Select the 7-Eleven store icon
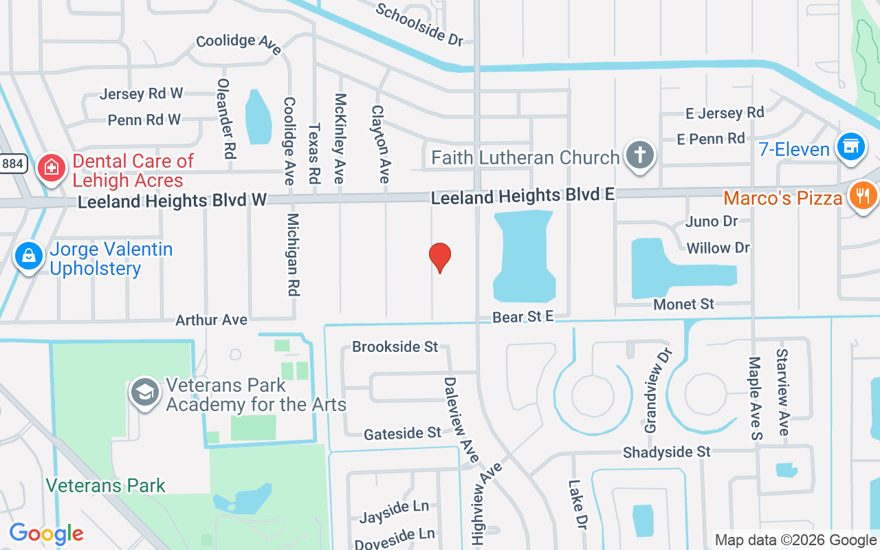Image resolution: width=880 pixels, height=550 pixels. click(850, 147)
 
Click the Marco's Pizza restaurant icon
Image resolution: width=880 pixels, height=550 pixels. click(862, 196)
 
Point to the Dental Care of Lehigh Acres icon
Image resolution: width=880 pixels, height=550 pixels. click(50, 167)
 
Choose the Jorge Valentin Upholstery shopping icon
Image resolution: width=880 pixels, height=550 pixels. click(29, 256)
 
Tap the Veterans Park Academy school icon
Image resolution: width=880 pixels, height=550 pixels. click(145, 393)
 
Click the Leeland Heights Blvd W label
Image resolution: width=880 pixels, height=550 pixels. click(172, 201)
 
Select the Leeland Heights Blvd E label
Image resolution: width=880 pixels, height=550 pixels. click(522, 197)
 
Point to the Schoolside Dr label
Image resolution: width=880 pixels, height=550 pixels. click(419, 25)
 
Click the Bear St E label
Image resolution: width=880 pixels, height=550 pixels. click(523, 317)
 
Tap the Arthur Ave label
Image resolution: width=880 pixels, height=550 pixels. click(211, 320)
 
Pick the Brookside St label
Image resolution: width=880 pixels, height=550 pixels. click(395, 346)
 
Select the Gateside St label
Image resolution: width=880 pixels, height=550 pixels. click(402, 433)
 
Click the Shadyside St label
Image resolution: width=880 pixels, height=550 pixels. click(667, 452)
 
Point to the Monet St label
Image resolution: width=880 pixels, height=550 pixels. click(684, 303)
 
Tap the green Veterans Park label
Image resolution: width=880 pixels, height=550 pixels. click(105, 485)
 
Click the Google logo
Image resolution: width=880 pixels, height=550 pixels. click(46, 533)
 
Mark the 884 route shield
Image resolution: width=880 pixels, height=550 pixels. click(12, 164)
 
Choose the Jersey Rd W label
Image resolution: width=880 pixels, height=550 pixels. click(142, 93)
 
